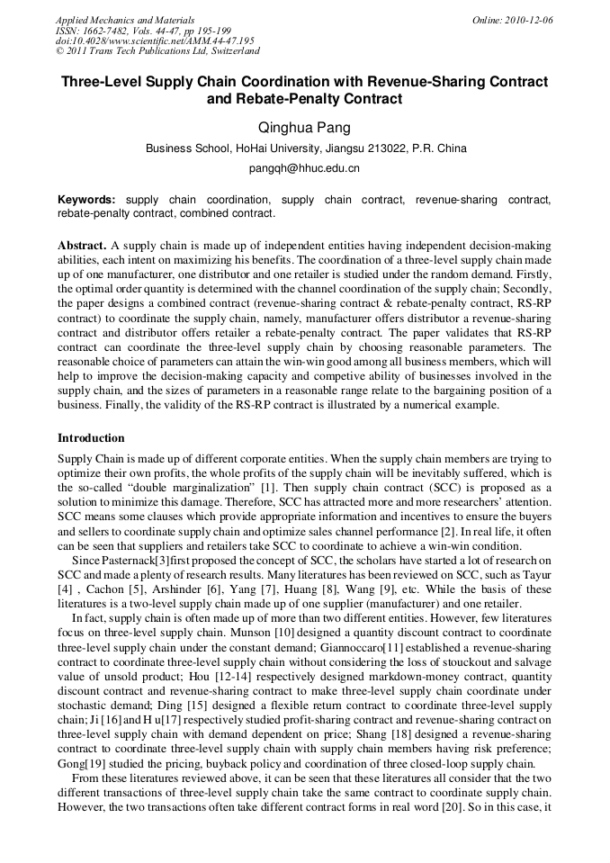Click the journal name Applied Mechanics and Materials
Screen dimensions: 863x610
(x=124, y=20)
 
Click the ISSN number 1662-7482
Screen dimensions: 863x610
(x=112, y=31)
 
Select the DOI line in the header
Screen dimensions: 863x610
(x=155, y=41)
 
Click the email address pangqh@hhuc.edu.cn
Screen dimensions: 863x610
(x=304, y=168)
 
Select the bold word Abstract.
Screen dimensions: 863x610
(x=82, y=246)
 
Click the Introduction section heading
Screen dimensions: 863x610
(x=91, y=438)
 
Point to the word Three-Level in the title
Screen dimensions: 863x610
(x=102, y=82)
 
